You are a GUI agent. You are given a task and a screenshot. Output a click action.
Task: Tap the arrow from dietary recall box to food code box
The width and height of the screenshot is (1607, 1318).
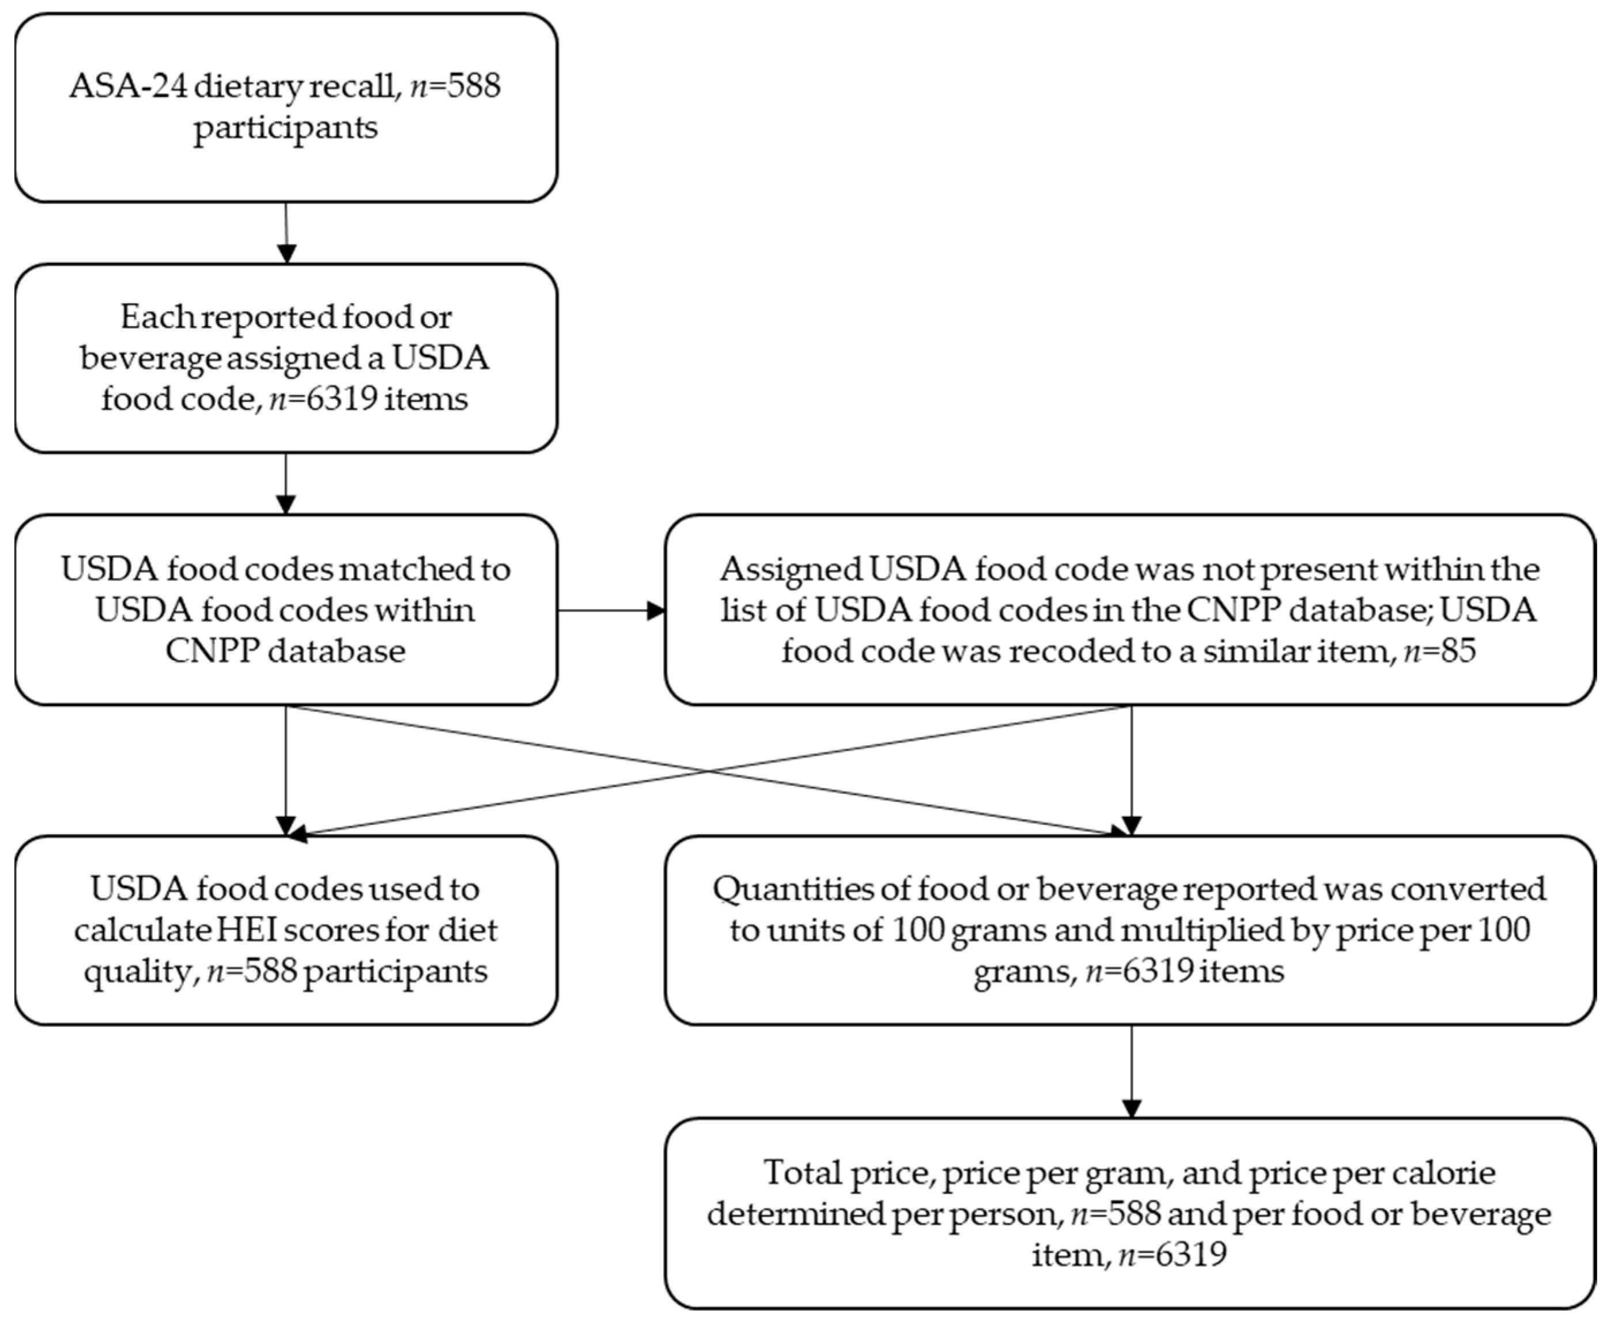(x=286, y=232)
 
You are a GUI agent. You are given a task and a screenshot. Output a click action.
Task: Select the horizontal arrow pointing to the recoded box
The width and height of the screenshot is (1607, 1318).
(x=611, y=611)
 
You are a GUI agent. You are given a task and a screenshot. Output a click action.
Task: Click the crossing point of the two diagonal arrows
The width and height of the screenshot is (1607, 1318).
(x=709, y=772)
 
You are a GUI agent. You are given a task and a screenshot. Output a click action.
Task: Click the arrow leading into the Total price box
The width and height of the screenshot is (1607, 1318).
(x=1132, y=1071)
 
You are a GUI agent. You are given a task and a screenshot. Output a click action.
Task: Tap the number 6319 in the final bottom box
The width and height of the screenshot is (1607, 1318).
(x=1192, y=1254)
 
